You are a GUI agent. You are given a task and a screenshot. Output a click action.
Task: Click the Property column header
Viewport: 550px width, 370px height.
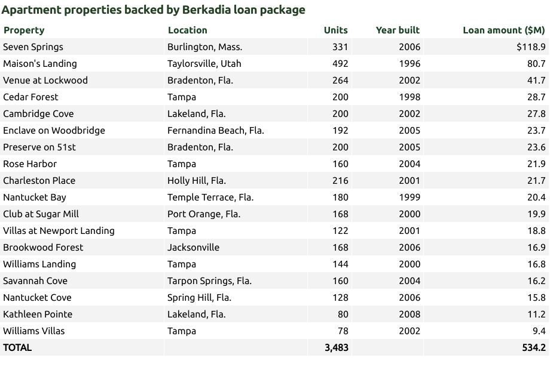click(24, 30)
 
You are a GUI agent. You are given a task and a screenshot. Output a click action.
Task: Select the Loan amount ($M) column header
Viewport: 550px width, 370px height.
click(503, 30)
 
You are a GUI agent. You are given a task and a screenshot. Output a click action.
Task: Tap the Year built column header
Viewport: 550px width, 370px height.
click(398, 30)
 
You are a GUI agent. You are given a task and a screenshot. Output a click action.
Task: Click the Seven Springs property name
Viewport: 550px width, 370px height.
click(33, 47)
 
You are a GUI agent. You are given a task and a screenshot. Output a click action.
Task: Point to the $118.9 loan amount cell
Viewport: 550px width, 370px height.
click(531, 47)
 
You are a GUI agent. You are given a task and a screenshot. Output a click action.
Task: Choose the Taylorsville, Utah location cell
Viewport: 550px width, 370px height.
click(204, 64)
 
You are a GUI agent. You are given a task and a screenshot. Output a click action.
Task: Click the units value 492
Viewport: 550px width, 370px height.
click(340, 64)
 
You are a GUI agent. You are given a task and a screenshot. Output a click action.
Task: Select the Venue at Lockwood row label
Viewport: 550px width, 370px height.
click(45, 81)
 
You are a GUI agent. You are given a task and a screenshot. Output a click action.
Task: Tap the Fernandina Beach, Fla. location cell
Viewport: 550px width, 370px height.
click(215, 131)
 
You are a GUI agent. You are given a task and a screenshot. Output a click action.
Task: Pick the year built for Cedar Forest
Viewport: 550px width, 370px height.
click(410, 97)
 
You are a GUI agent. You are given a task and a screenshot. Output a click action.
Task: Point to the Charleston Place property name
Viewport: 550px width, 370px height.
click(39, 181)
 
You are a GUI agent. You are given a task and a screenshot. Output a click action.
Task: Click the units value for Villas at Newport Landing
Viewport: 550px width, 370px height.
click(340, 231)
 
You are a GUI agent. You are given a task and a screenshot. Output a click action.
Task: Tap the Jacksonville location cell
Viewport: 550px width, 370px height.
click(193, 248)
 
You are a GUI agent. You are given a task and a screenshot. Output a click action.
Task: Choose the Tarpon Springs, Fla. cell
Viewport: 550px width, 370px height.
click(209, 281)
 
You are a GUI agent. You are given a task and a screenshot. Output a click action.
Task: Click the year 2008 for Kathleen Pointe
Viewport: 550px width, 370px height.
click(410, 314)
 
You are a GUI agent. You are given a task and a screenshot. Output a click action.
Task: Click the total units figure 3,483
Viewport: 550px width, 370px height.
click(336, 348)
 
